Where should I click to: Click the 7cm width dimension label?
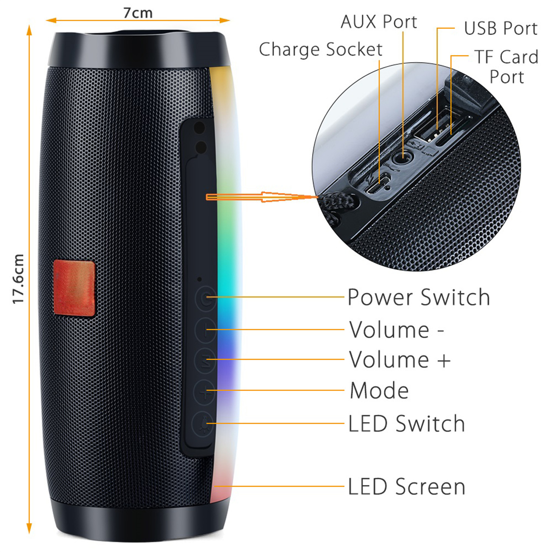tap(138, 13)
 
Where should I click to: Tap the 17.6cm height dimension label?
tap(18, 279)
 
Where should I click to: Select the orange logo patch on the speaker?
tap(74, 288)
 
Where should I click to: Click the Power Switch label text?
tap(419, 297)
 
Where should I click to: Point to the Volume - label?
tap(396, 330)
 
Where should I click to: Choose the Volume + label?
tap(400, 359)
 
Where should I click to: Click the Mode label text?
tap(379, 391)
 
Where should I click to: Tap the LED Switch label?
tap(406, 423)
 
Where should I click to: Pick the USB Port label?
tap(501, 29)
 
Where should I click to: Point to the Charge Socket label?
tap(321, 49)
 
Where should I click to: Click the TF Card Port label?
tap(507, 67)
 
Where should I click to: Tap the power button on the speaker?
tap(205, 299)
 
